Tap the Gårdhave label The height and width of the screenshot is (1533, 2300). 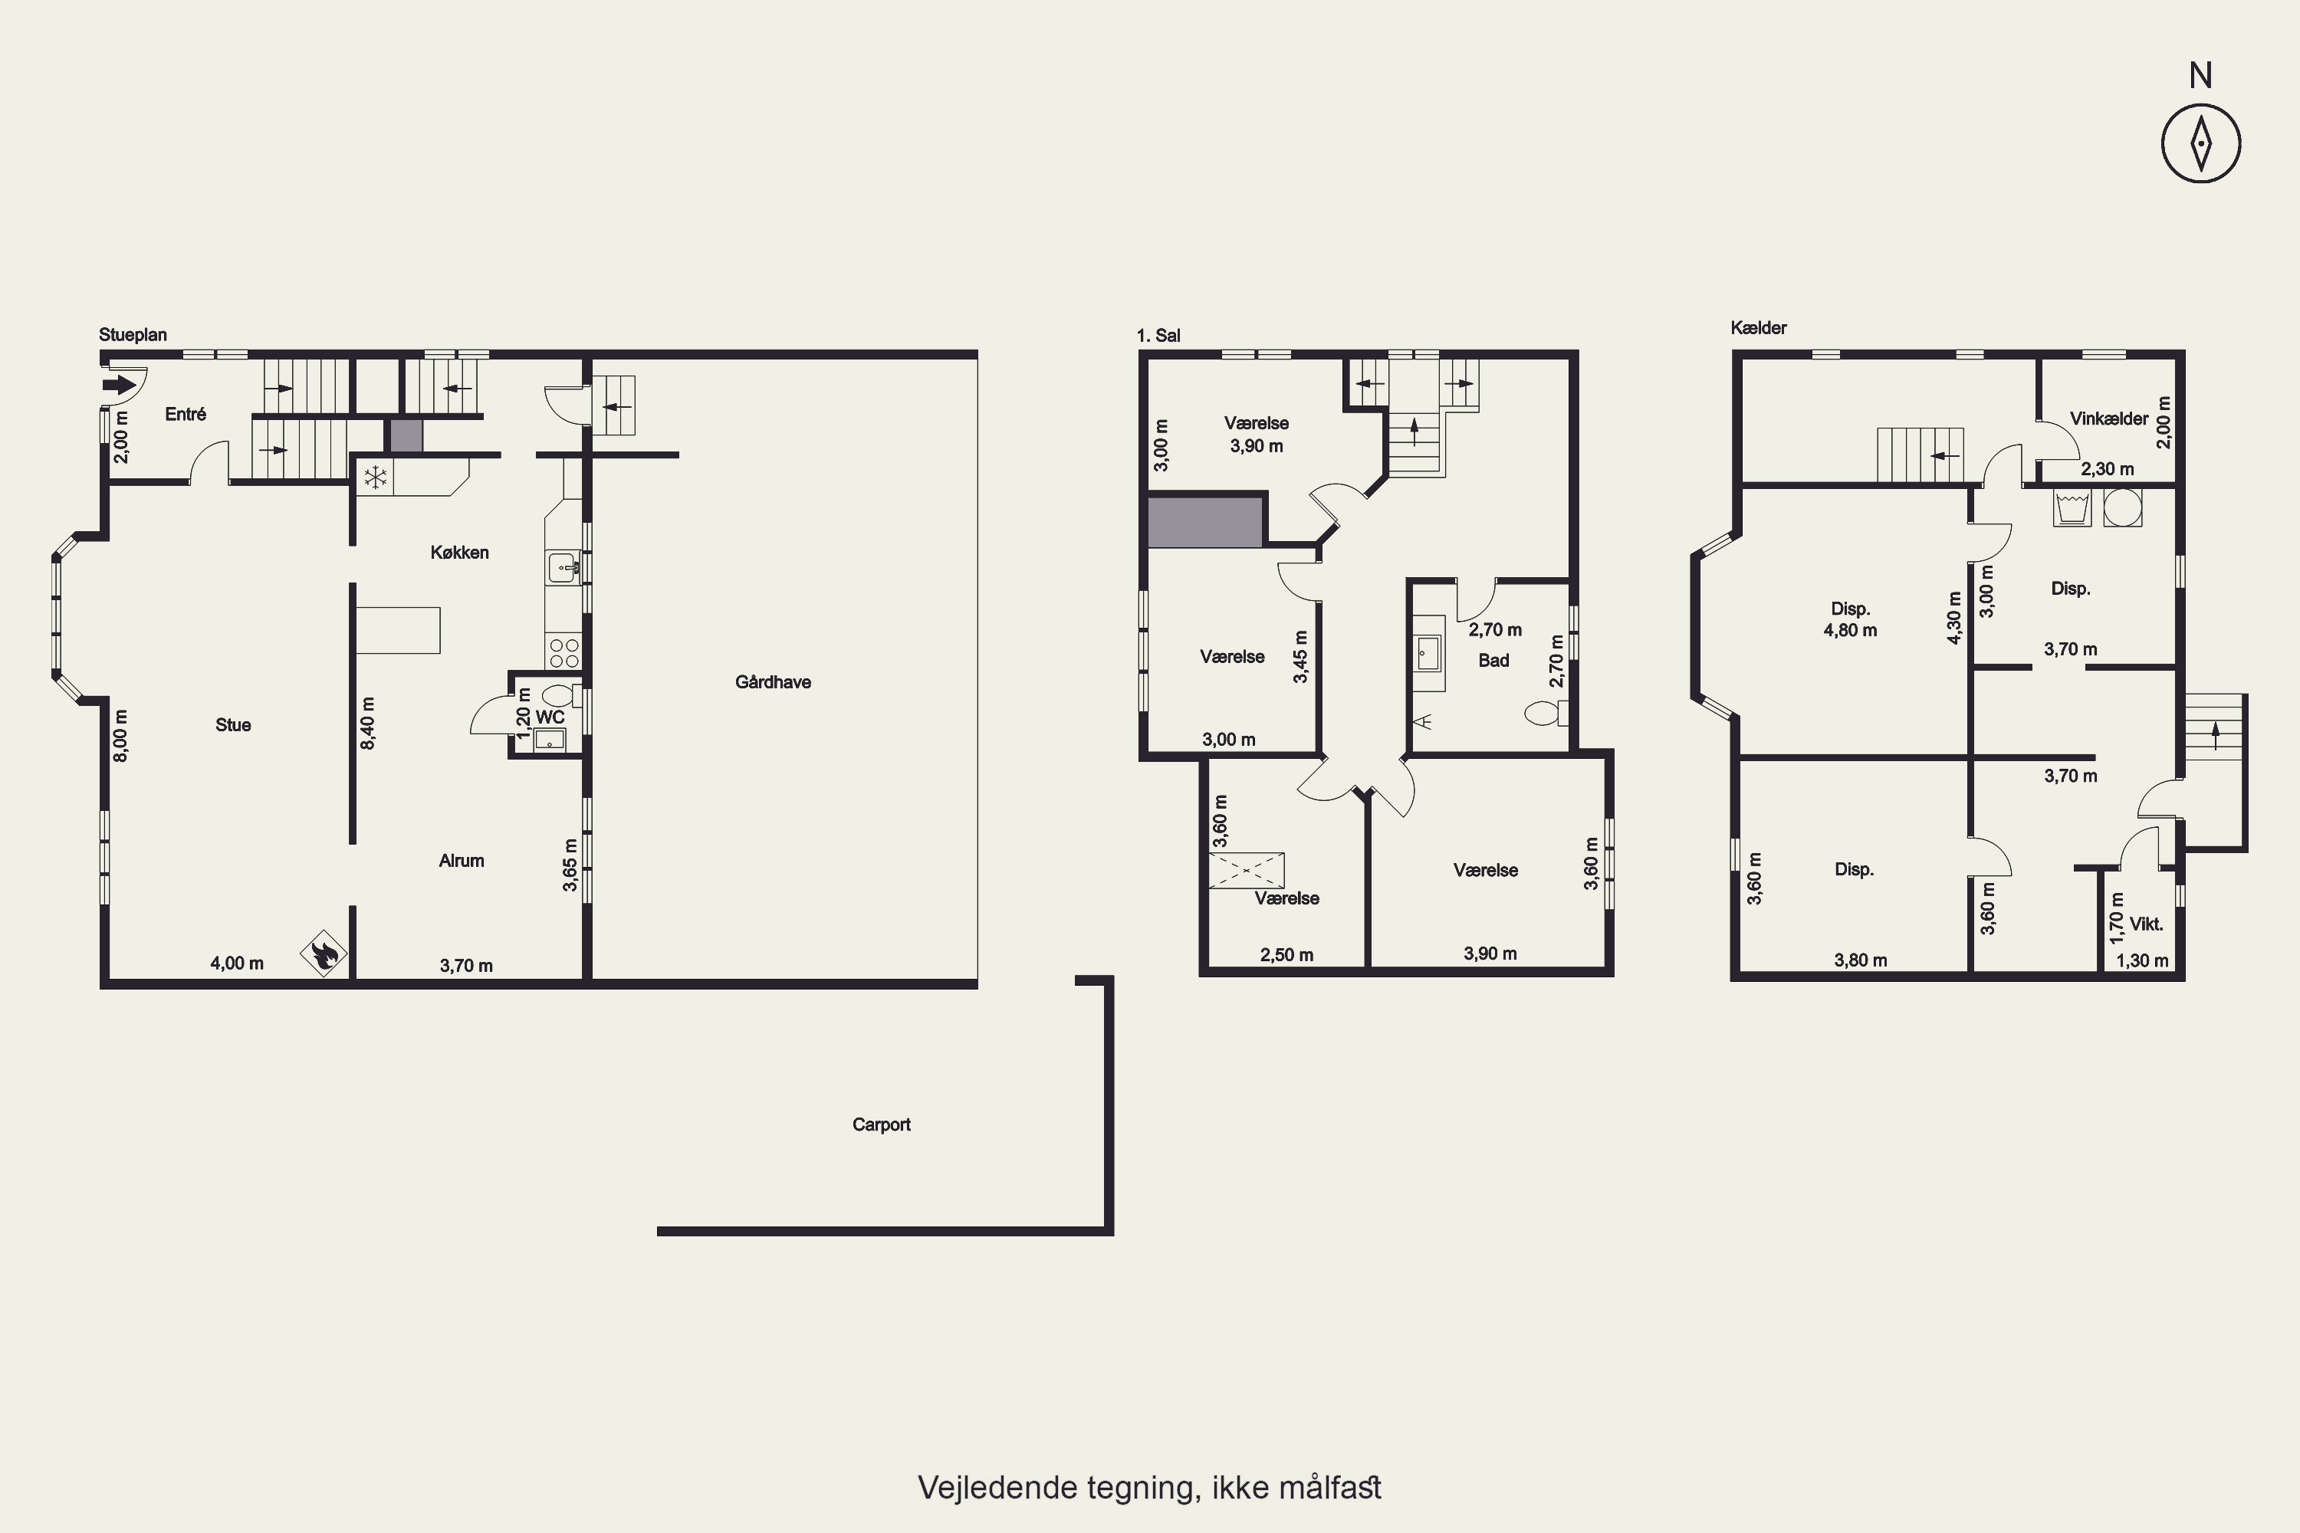point(773,682)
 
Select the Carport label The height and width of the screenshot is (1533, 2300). point(881,1124)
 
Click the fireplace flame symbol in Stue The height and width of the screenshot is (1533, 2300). point(324,952)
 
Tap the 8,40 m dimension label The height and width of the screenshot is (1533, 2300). point(368,723)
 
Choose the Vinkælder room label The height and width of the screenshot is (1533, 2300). point(2108,419)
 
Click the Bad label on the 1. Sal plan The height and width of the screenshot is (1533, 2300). point(1493,661)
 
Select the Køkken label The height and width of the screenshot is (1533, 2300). point(459,553)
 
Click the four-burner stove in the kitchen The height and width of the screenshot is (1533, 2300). point(564,652)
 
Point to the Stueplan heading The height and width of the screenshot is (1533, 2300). point(133,334)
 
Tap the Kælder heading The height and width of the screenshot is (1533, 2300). point(1758,327)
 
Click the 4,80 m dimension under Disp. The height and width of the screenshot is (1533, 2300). point(1850,631)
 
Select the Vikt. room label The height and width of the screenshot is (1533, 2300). point(2147,924)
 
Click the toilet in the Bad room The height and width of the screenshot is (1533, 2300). point(1546,713)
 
